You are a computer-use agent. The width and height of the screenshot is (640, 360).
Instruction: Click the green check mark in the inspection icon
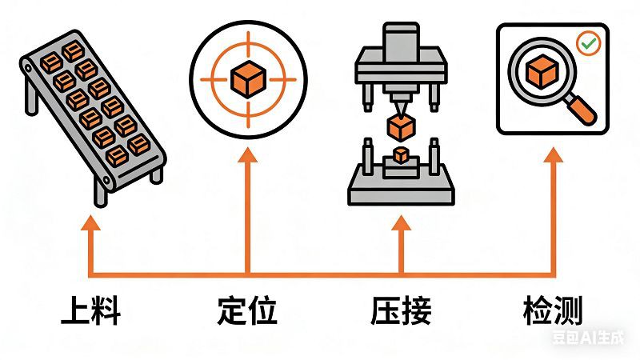pyautogui.click(x=589, y=43)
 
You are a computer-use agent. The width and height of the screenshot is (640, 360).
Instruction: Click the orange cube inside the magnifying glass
pyautogui.click(x=542, y=73)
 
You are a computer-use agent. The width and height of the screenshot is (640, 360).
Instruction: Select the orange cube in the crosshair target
pyautogui.click(x=247, y=78)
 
